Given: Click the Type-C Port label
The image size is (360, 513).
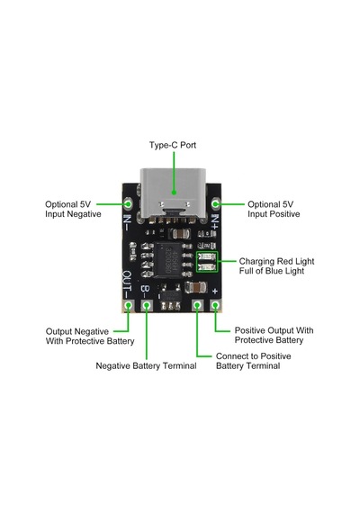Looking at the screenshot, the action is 173,145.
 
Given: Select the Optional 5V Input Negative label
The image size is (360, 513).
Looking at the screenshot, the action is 73,209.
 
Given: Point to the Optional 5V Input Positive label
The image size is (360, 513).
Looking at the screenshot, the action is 274,209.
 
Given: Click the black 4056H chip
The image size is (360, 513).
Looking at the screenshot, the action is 168,260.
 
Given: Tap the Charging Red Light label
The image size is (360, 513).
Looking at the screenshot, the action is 276,261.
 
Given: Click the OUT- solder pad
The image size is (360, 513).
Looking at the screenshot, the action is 129,306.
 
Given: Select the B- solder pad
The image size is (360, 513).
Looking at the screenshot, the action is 147,306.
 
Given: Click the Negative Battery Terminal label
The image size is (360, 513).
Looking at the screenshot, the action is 146,365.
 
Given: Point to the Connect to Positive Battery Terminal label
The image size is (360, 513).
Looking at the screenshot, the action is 253,361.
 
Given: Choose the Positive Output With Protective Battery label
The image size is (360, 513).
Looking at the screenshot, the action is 274,335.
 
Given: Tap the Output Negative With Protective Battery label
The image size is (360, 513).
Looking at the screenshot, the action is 90,337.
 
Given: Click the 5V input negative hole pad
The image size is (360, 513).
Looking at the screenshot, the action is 129,203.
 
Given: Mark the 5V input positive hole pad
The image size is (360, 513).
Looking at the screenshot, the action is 215,203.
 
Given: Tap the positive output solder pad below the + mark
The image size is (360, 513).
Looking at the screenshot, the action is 215,306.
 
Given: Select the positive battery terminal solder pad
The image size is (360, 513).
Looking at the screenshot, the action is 197,306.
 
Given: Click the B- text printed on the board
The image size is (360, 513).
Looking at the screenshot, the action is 145,292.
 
